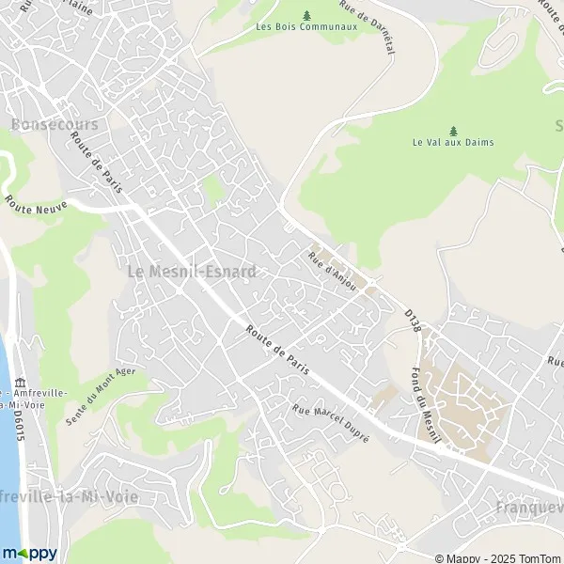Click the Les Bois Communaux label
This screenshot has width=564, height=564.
(x=306, y=26)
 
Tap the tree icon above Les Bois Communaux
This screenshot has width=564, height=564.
(x=307, y=14)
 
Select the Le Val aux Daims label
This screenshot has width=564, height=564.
(x=453, y=143)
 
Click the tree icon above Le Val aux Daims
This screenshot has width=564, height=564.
(x=453, y=130)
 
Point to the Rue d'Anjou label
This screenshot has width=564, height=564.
(x=333, y=271)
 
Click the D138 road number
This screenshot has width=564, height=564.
(x=412, y=320)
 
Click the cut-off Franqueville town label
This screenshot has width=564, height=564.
(x=527, y=509)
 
